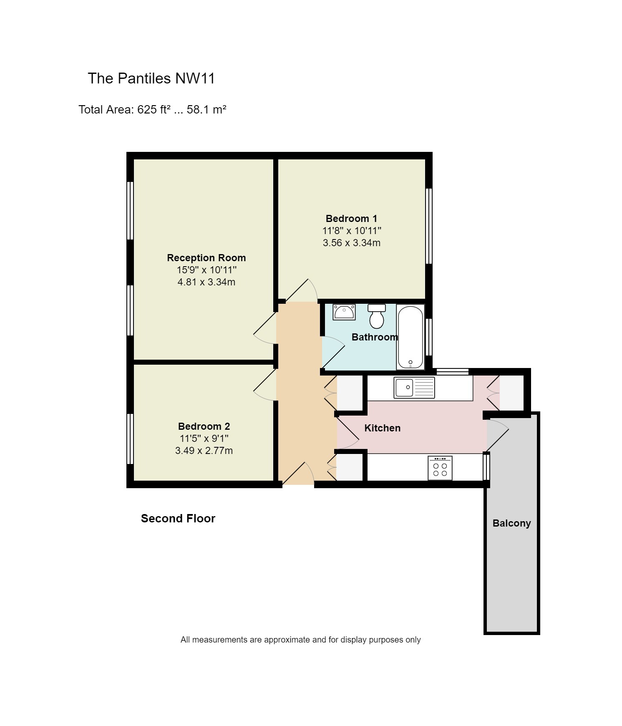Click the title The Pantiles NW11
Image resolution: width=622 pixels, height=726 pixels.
click(151, 78)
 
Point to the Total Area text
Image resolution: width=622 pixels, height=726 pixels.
click(152, 110)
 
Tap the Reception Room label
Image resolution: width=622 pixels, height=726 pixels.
click(206, 258)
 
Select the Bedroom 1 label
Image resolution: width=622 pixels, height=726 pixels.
click(351, 219)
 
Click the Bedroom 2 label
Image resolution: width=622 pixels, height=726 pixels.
click(204, 426)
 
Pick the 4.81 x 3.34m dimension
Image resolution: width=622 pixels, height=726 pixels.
click(206, 282)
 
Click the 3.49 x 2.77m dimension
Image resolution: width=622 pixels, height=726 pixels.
click(204, 451)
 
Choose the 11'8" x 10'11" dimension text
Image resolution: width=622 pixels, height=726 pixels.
click(351, 231)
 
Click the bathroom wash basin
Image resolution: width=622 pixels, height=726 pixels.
click(344, 312)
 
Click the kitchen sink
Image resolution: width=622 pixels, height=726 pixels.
click(414, 388)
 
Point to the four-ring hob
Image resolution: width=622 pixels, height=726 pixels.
click(440, 468)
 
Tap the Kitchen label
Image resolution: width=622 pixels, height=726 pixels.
click(382, 428)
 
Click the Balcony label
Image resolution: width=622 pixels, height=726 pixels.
click(511, 523)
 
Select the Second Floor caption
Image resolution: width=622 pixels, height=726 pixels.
click(178, 519)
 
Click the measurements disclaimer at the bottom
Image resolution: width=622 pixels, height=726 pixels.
click(300, 640)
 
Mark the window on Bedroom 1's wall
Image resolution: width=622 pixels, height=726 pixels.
click(428, 226)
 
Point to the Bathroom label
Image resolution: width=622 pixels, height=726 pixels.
click(374, 337)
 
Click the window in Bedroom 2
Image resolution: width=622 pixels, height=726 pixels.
click(130, 439)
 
